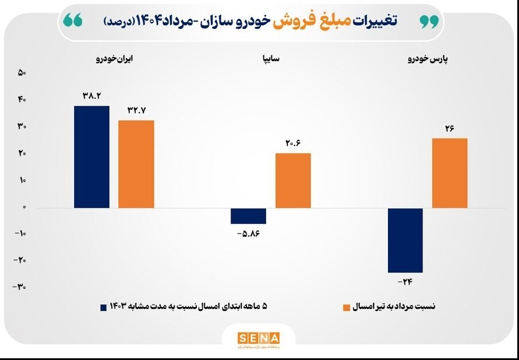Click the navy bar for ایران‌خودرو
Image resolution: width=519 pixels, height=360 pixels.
click(92, 156)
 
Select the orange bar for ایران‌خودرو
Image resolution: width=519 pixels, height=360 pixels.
click(136, 164)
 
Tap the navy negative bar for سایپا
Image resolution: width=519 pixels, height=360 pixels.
click(248, 216)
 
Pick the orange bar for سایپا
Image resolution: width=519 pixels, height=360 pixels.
click(293, 181)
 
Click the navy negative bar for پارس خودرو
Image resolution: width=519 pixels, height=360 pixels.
click(405, 240)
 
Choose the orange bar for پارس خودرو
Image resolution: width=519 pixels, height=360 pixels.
click(449, 173)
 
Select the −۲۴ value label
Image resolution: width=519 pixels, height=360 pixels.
click(405, 282)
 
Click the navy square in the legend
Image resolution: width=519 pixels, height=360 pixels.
click(104, 307)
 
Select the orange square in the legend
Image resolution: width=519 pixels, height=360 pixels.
click(347, 307)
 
